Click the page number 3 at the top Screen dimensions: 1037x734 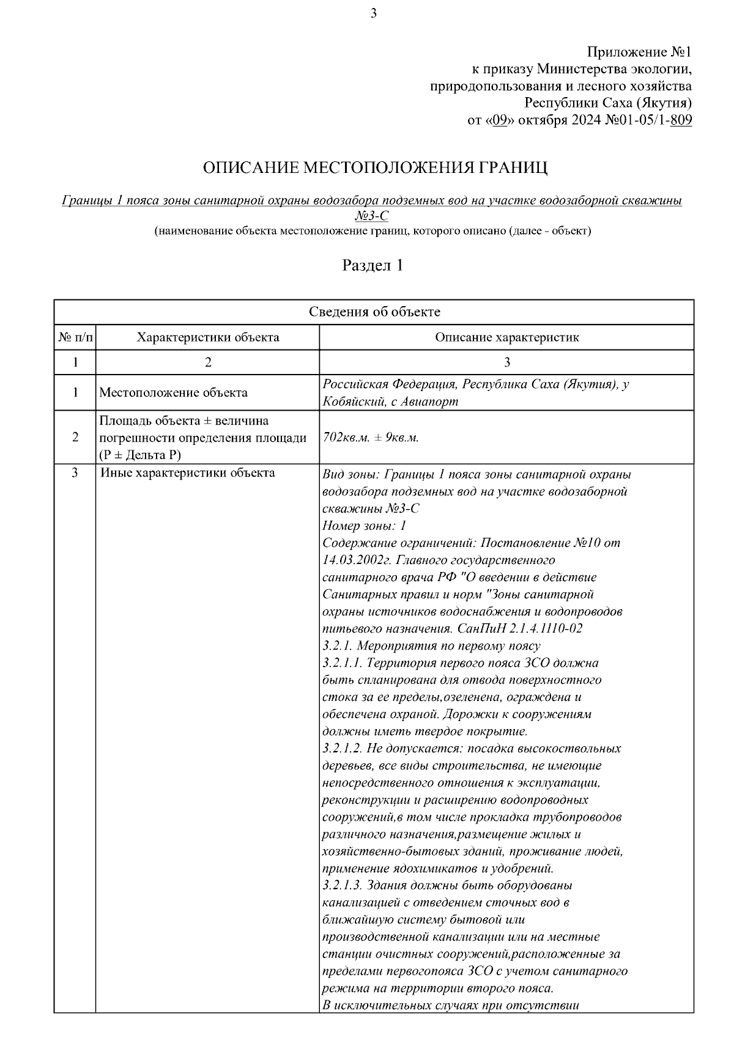point(374,13)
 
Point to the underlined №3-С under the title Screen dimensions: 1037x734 point(371,216)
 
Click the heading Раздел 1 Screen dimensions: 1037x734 point(373,265)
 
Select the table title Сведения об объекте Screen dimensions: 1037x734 point(374,312)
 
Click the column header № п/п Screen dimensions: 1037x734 point(75,337)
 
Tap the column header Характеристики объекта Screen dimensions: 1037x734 point(208,337)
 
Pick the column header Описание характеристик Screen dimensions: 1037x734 point(506,337)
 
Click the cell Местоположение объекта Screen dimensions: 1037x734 point(174,392)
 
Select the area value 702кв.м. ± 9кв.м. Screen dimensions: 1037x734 point(370,438)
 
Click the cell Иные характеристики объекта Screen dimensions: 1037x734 point(187,472)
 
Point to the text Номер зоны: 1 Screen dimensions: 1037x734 point(364,526)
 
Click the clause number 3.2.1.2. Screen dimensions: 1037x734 point(343,748)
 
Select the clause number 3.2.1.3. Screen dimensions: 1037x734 point(343,885)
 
